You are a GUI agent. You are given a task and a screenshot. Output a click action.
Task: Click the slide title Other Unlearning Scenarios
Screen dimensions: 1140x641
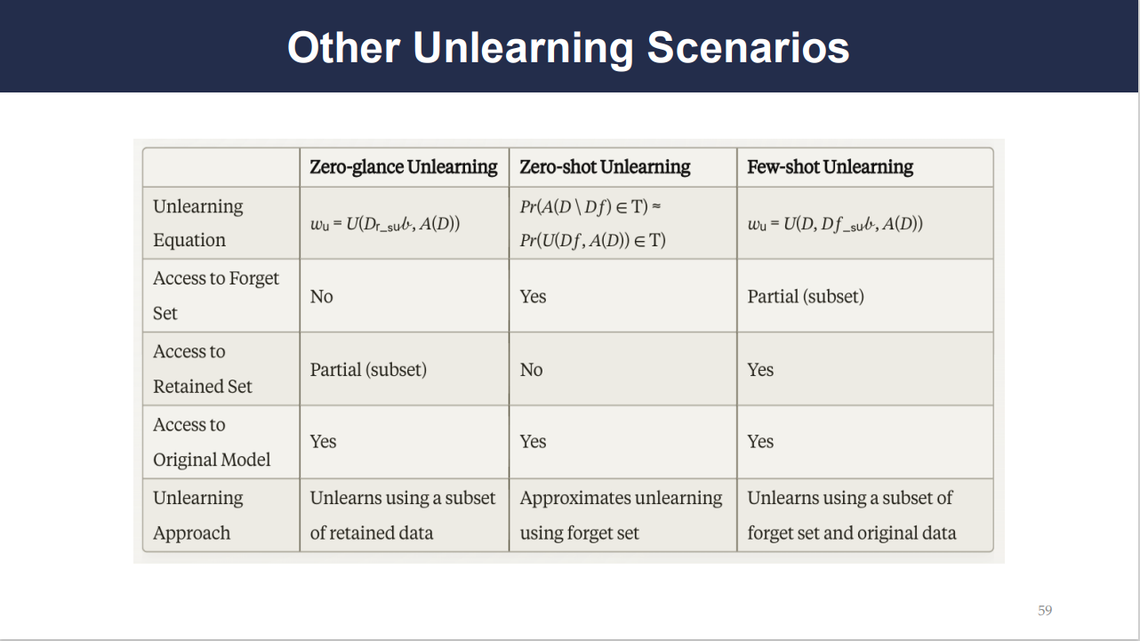(x=568, y=48)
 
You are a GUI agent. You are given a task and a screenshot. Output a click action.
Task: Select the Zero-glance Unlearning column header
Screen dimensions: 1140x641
(x=404, y=167)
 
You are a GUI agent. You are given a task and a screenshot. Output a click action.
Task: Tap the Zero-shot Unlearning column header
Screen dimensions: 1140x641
(x=605, y=167)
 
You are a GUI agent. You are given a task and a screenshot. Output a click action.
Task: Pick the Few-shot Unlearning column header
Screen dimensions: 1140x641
(x=830, y=167)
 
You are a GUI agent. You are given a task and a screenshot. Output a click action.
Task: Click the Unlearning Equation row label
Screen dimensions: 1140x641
(x=198, y=223)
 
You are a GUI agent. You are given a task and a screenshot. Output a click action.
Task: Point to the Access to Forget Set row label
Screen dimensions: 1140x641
(x=216, y=295)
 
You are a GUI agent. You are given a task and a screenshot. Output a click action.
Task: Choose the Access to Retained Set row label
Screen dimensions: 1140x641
(x=202, y=369)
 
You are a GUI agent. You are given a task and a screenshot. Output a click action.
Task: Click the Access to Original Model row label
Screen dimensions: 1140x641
(x=212, y=442)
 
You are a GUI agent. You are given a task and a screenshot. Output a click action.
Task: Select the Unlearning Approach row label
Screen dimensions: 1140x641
(x=198, y=515)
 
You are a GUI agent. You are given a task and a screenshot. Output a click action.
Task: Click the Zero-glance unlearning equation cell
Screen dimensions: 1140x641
(x=385, y=224)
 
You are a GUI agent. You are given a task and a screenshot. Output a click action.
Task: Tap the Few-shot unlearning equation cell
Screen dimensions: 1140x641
(x=835, y=224)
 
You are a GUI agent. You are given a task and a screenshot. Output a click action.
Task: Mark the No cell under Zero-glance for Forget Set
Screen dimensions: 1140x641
(x=322, y=297)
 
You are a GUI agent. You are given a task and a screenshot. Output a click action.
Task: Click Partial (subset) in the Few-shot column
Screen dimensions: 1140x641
(x=806, y=297)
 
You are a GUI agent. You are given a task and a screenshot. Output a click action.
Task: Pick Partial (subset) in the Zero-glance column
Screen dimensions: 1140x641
(x=368, y=370)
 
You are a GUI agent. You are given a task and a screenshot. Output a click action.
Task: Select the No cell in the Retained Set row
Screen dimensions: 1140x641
(x=532, y=370)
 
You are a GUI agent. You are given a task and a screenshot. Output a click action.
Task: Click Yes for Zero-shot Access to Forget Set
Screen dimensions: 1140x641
(x=533, y=297)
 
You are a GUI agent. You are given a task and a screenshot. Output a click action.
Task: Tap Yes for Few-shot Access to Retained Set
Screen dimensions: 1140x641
(x=760, y=370)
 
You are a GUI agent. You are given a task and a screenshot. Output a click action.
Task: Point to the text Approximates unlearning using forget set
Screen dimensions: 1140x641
(x=621, y=515)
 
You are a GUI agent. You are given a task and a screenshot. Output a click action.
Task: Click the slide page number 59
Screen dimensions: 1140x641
(x=1045, y=610)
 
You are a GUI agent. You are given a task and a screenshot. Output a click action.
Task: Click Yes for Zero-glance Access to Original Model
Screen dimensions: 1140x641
(x=323, y=442)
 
